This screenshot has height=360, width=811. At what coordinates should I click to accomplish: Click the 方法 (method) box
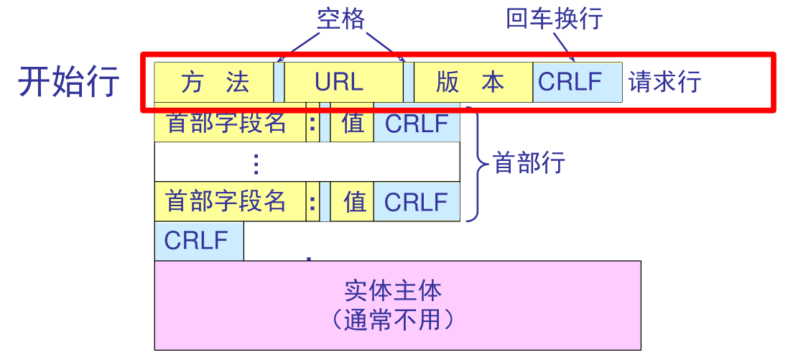coord(214,82)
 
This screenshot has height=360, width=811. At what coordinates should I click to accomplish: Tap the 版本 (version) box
coord(473,82)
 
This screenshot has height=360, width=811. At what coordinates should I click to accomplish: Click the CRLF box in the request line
coord(577,82)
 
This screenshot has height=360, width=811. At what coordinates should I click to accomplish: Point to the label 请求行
coord(664,82)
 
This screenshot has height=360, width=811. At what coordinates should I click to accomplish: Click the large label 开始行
coord(69,82)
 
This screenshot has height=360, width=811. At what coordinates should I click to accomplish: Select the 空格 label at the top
coord(340,19)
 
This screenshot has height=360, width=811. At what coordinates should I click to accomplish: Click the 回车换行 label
coord(554,19)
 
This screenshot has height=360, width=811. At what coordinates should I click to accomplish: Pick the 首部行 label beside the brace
coord(529,163)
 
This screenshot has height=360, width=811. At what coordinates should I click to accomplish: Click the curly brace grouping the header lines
coord(474,163)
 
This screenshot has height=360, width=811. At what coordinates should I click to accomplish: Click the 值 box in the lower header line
coord(353,201)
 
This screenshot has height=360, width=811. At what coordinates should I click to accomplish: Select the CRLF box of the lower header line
coord(416,201)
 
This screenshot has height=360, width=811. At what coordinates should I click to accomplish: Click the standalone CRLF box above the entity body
coord(198,240)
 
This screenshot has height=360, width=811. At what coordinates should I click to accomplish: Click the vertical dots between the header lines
coord(255,165)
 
